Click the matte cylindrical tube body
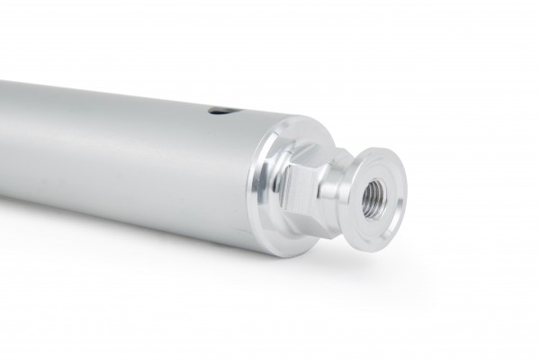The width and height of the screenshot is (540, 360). (x=135, y=144)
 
